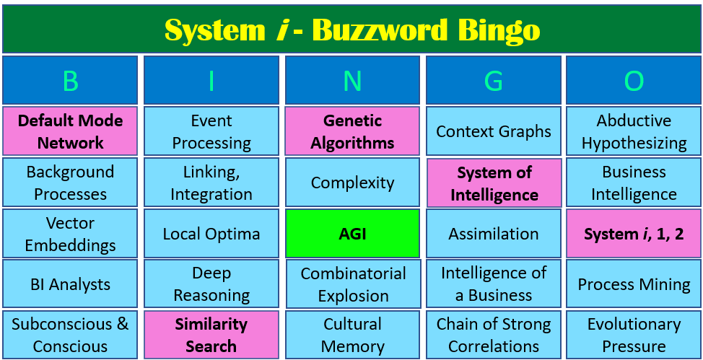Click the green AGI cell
click(352, 234)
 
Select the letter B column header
click(70, 81)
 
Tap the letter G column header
click(494, 81)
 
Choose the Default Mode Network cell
click(70, 131)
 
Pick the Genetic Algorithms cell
click(352, 131)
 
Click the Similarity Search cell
click(211, 335)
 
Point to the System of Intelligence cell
click(494, 183)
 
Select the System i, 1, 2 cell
click(634, 234)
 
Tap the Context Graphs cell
click(494, 131)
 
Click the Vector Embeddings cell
click(70, 234)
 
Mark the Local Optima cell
click(211, 234)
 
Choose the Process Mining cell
click(634, 284)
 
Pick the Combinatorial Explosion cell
click(353, 284)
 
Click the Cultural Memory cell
click(352, 335)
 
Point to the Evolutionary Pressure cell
click(634, 335)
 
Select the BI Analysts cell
click(70, 284)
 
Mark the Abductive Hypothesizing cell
click(634, 131)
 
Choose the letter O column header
click(634, 81)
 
